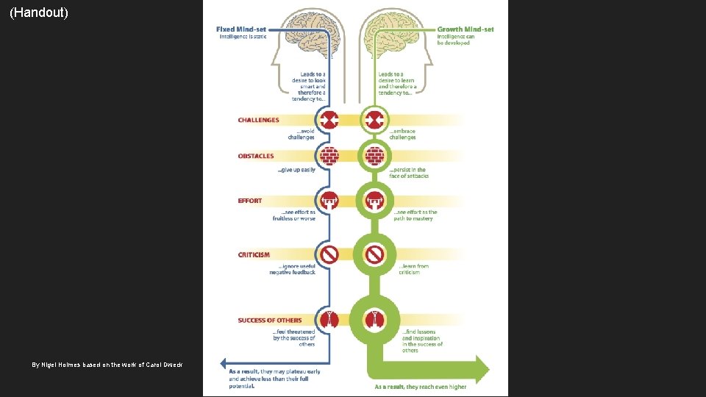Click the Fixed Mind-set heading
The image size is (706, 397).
click(241, 29)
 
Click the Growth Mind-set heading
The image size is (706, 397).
click(466, 29)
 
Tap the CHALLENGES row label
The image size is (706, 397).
click(258, 120)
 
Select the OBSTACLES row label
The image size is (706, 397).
click(256, 156)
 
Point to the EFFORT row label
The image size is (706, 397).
click(250, 200)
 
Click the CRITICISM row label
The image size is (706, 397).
click(254, 255)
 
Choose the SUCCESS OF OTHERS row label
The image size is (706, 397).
click(269, 320)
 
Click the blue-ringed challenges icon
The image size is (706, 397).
click(329, 120)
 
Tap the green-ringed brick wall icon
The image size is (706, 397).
click(375, 156)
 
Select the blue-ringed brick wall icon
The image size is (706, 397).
click(329, 156)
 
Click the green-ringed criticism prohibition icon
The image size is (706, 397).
click(375, 254)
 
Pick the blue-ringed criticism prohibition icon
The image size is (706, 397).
click(329, 254)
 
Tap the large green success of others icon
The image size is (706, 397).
click(375, 319)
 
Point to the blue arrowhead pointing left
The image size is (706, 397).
click(225, 363)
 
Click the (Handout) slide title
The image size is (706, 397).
click(39, 12)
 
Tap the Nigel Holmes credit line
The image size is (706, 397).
click(107, 365)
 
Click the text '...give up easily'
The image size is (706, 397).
click(296, 170)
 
